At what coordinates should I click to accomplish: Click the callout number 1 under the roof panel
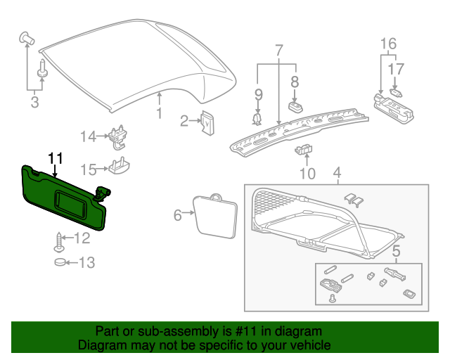click(160, 112)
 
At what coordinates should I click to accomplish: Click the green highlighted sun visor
click(63, 197)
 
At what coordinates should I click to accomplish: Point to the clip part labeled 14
click(120, 136)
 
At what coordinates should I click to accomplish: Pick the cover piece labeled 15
click(120, 167)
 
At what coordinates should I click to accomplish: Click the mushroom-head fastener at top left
click(27, 37)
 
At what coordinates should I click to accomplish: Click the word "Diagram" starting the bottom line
click(101, 346)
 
